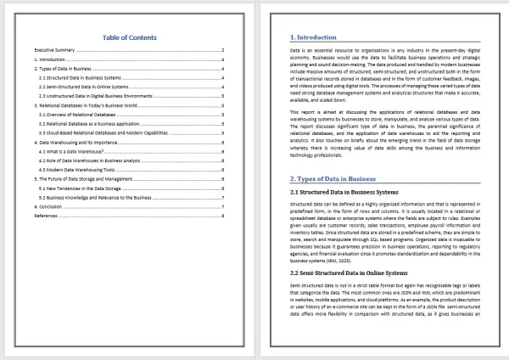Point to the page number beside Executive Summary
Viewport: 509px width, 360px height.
(x=222, y=51)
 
